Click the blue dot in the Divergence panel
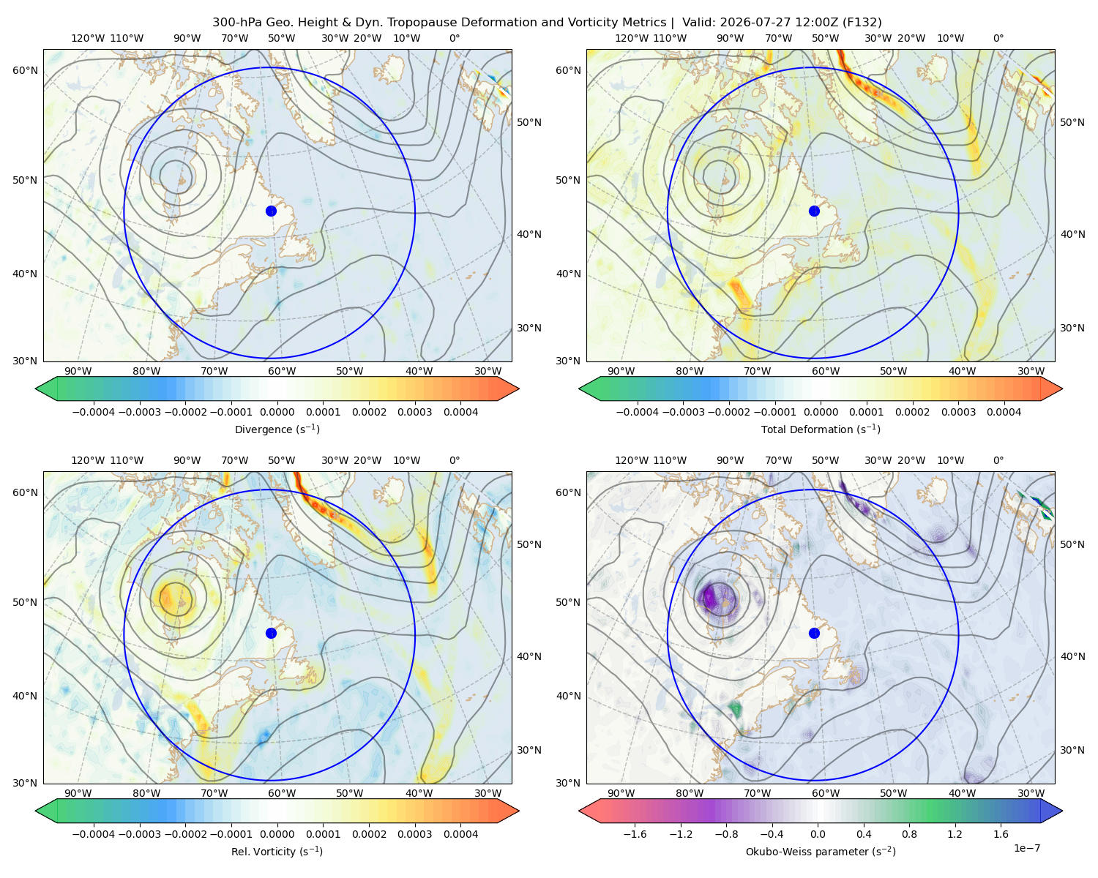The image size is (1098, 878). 271,211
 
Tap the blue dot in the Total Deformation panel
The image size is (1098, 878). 814,211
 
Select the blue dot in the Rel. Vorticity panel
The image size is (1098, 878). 271,633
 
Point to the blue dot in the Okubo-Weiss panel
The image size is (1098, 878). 814,633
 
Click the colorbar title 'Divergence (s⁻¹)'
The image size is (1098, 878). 277,429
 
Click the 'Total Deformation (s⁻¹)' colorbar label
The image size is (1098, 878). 821,429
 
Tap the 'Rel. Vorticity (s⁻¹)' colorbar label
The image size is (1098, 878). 277,851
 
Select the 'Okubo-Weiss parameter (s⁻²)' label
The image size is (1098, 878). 821,851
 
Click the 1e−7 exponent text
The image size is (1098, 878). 1026,848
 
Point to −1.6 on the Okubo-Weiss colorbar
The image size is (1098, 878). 635,833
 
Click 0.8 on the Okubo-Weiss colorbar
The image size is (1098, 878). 909,833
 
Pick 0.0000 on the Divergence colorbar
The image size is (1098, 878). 277,412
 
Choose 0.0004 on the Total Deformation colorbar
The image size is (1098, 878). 1004,412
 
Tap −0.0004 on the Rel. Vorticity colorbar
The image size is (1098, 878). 94,833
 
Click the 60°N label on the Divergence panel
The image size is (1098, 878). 25,70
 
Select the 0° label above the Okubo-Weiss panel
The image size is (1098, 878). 998,460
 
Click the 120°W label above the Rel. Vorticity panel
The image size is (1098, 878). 88,460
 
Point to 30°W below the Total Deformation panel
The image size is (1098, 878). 1031,371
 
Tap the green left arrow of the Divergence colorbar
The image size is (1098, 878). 46,389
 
